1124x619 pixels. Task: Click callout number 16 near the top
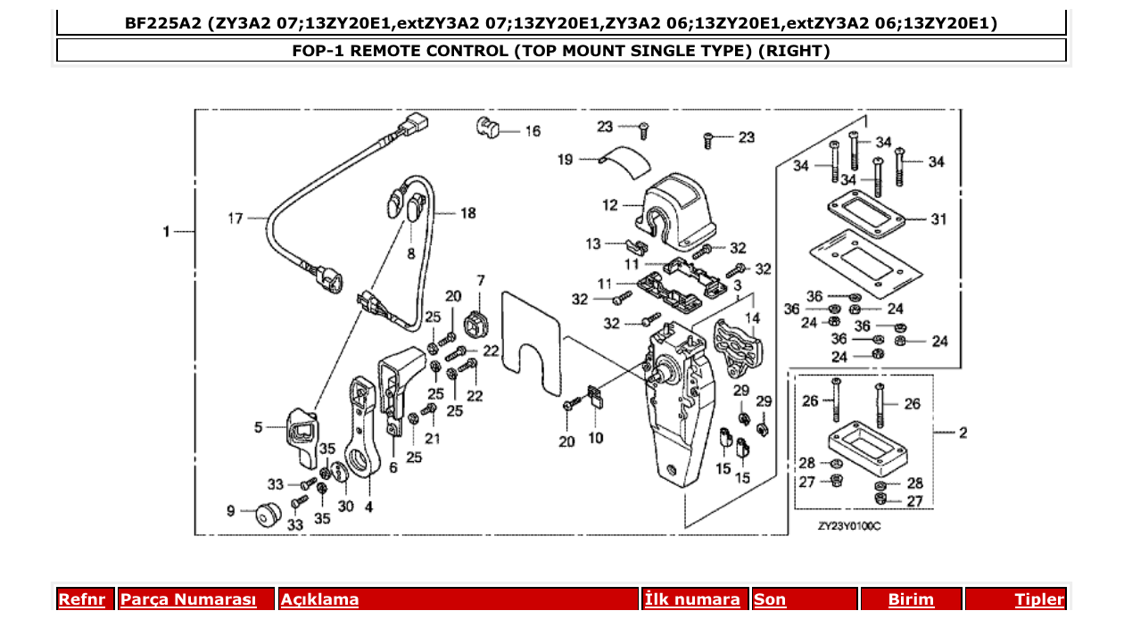pos(532,131)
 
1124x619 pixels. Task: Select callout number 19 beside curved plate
pos(566,161)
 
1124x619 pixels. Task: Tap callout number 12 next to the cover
pos(610,206)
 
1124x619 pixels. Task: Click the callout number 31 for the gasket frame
pos(938,219)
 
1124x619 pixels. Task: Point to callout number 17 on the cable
pos(235,218)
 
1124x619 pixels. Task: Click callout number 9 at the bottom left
pos(231,511)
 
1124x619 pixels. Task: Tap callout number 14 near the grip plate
pos(753,317)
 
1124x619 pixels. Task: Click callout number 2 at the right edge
pos(963,433)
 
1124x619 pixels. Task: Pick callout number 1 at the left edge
pos(166,232)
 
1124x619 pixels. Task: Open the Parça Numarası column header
pos(187,599)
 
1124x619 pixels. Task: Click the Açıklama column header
pos(319,599)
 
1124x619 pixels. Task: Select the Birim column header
pos(911,599)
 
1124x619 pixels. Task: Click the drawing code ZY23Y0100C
pos(849,525)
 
